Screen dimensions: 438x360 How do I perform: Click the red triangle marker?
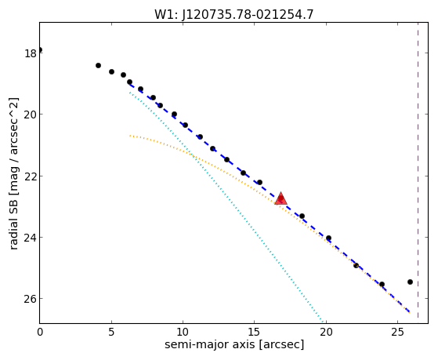281,198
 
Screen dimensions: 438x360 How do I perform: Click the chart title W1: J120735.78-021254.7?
233,14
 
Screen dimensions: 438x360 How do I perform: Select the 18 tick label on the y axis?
31,53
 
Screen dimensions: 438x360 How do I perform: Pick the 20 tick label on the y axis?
31,115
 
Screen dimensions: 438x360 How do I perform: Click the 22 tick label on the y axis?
31,176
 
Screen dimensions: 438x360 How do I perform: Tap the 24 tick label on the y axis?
31,237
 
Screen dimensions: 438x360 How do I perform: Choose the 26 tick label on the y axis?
31,299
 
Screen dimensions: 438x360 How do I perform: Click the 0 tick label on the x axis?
40,332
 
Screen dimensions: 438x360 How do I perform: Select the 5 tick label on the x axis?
111,332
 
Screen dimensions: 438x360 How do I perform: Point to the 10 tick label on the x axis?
183,332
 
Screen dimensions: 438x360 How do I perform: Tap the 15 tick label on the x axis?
254,332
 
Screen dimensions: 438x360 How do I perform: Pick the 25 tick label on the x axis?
397,332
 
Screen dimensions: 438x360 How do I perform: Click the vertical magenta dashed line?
418,170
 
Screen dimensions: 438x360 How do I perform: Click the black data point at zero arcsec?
40,49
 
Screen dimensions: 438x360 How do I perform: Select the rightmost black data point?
410,282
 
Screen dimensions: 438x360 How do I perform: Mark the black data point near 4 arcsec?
98,65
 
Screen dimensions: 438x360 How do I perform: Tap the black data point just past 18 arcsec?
302,216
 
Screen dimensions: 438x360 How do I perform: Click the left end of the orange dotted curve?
130,136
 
